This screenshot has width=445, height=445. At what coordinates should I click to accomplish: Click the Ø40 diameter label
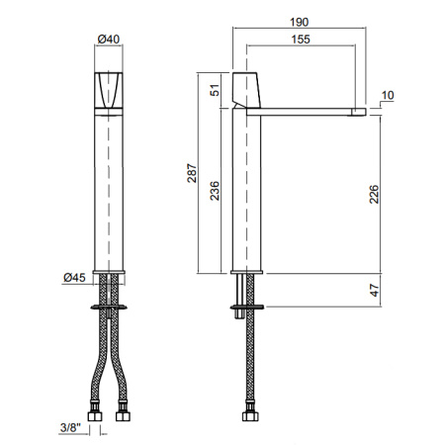(x=109, y=40)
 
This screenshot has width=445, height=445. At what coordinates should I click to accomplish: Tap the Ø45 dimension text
(x=74, y=278)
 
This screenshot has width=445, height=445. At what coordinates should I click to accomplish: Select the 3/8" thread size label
(x=70, y=427)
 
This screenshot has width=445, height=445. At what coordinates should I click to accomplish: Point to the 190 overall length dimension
(x=300, y=22)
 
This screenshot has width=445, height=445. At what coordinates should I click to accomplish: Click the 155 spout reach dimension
(x=301, y=40)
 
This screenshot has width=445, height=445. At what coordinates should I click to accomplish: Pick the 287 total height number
(x=192, y=173)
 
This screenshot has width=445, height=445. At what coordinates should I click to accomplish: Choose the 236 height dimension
(x=215, y=191)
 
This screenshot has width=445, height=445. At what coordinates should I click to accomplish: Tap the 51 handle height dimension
(x=215, y=90)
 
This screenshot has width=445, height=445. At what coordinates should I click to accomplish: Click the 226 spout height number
(x=374, y=194)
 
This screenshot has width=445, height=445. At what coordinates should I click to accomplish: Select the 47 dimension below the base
(x=375, y=290)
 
